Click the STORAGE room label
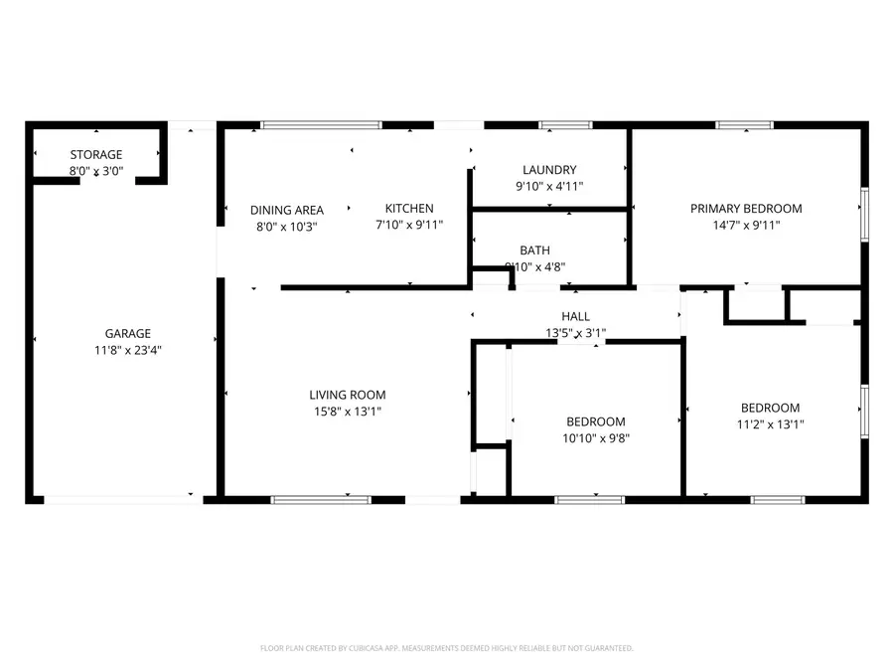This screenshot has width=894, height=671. (x=96, y=155)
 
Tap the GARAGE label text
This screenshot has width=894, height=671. (x=128, y=334)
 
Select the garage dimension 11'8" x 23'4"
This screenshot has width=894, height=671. (x=128, y=350)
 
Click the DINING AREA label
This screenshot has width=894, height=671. (x=286, y=210)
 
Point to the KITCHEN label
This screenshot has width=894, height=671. (x=409, y=209)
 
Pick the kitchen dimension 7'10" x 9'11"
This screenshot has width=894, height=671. (x=409, y=225)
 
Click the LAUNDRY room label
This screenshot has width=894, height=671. (x=548, y=170)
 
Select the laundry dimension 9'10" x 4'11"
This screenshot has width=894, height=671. (x=548, y=186)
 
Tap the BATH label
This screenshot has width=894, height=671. (x=534, y=251)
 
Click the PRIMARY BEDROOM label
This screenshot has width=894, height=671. (x=746, y=209)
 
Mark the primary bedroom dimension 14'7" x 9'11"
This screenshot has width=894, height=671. (x=746, y=225)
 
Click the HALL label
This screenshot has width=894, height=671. (x=575, y=317)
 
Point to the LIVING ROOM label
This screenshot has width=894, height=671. (x=347, y=395)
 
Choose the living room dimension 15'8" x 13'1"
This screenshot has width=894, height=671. (x=347, y=411)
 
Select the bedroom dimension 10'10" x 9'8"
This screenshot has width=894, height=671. (x=596, y=437)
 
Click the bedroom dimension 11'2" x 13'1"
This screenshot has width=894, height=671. (x=770, y=423)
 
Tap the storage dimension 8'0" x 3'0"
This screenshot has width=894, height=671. (x=96, y=171)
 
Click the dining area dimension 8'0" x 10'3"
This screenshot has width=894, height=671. (x=286, y=226)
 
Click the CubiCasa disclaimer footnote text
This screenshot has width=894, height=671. (x=446, y=648)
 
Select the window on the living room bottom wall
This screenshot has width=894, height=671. (x=321, y=499)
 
